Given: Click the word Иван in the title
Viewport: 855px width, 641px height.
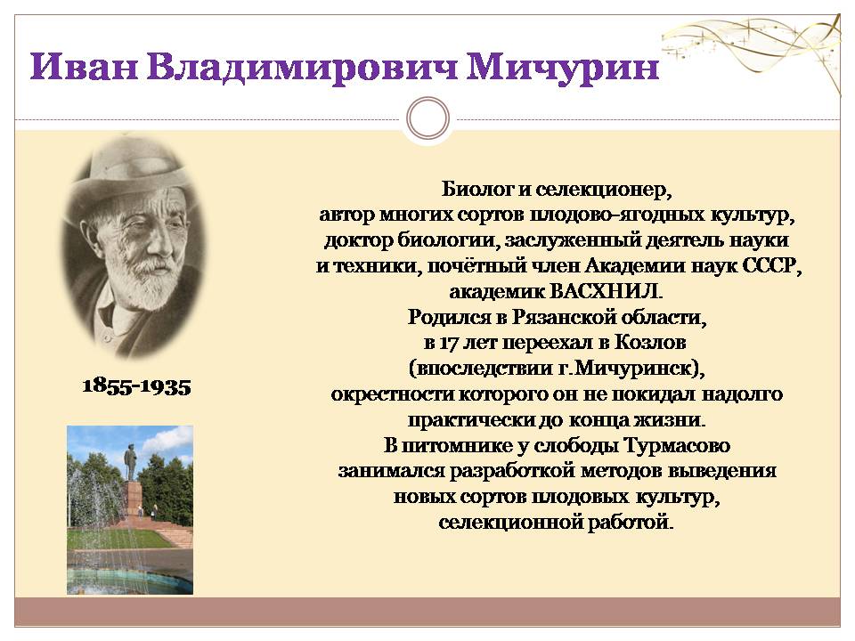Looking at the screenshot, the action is pos(84,67).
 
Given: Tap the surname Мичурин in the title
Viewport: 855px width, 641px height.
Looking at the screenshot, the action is pos(563,69).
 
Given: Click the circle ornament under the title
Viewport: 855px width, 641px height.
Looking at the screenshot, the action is pos(428,118).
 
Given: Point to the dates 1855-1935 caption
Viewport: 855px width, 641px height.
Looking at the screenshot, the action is pos(137,386).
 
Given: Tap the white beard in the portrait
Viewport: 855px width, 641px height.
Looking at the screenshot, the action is pos(146,283).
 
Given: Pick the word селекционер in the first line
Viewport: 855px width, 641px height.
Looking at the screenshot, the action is pos(603,191).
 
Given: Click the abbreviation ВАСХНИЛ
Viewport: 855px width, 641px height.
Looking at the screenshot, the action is pos(607,292).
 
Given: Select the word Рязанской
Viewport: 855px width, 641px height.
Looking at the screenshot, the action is pos(563,317).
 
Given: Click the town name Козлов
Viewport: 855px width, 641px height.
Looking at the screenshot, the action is pos(650,342).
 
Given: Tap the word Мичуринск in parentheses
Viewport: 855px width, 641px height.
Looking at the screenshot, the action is pos(633,369).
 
